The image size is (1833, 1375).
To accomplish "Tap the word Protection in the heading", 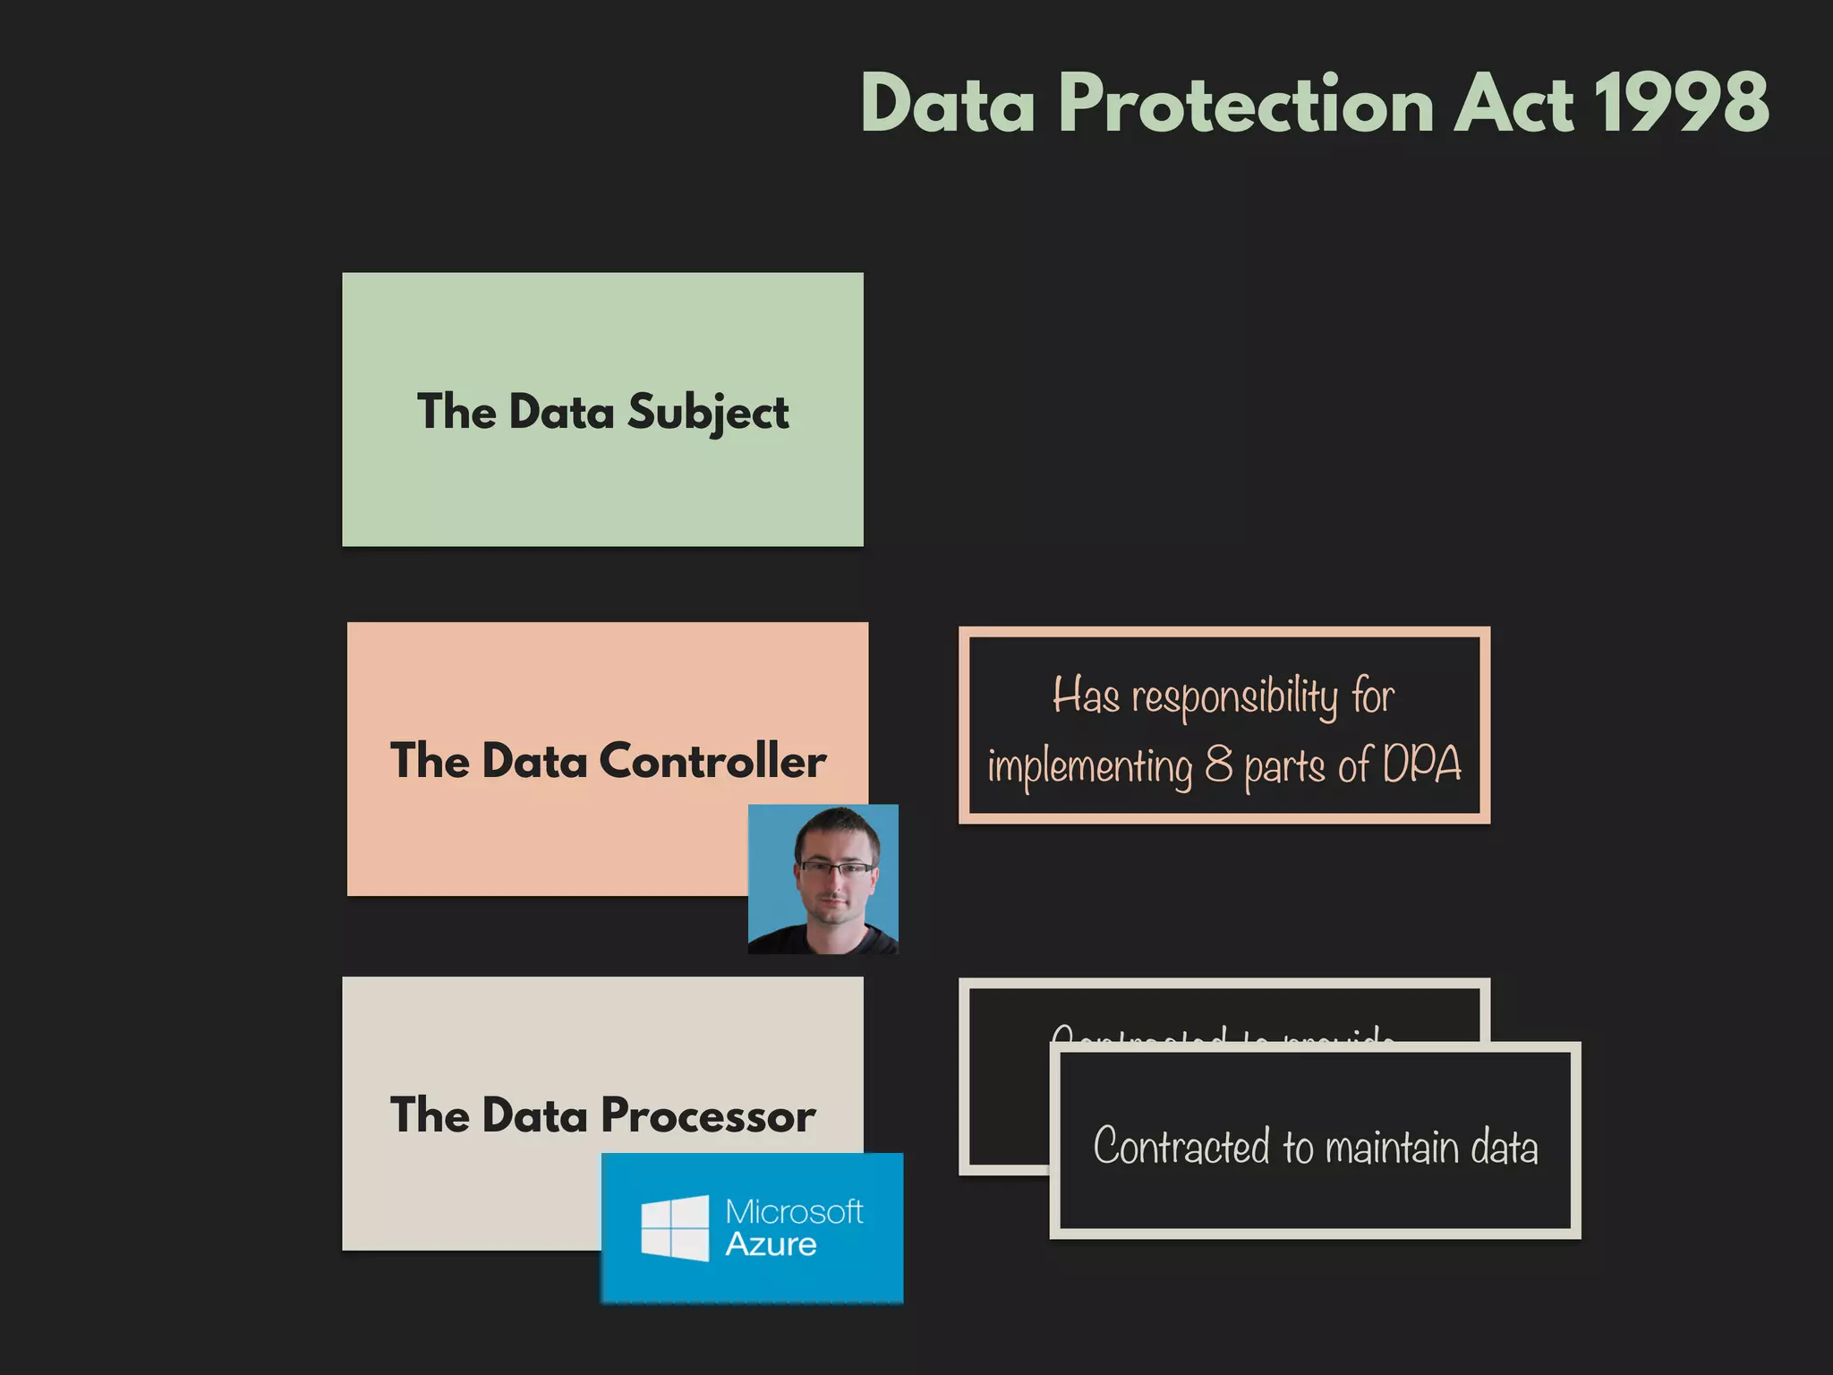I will (x=1248, y=104).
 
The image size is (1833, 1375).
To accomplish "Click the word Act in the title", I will (x=1513, y=104).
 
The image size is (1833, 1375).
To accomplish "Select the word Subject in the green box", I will (x=708, y=413).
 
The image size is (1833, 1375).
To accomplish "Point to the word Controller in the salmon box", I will (x=712, y=762).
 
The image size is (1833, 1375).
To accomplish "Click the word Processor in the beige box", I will (x=708, y=1116).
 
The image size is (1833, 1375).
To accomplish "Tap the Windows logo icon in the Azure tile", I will (x=675, y=1228).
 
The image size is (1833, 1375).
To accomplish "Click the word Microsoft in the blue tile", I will (x=794, y=1212).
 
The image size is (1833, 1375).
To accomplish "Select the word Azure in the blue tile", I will (x=771, y=1245).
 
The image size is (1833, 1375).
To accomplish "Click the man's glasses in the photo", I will (x=837, y=867).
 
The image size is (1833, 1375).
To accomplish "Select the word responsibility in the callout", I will (x=1235, y=697).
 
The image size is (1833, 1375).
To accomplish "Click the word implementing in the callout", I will (x=1090, y=767).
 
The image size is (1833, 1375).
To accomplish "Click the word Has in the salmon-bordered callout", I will (x=1086, y=696).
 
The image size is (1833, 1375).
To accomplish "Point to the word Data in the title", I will (x=948, y=104).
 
